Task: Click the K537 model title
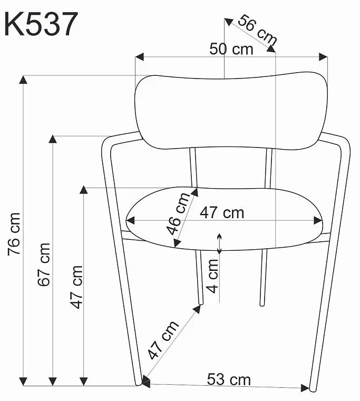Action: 41,24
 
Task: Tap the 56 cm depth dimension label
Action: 257,30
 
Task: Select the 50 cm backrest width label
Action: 231,49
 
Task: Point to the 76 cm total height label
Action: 14,234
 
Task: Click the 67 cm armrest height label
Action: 44,265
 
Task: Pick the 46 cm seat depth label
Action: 178,213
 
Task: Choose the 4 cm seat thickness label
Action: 212,276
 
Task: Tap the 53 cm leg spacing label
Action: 229,379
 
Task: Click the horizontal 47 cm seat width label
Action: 222,213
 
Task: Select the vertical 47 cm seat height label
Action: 77,287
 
